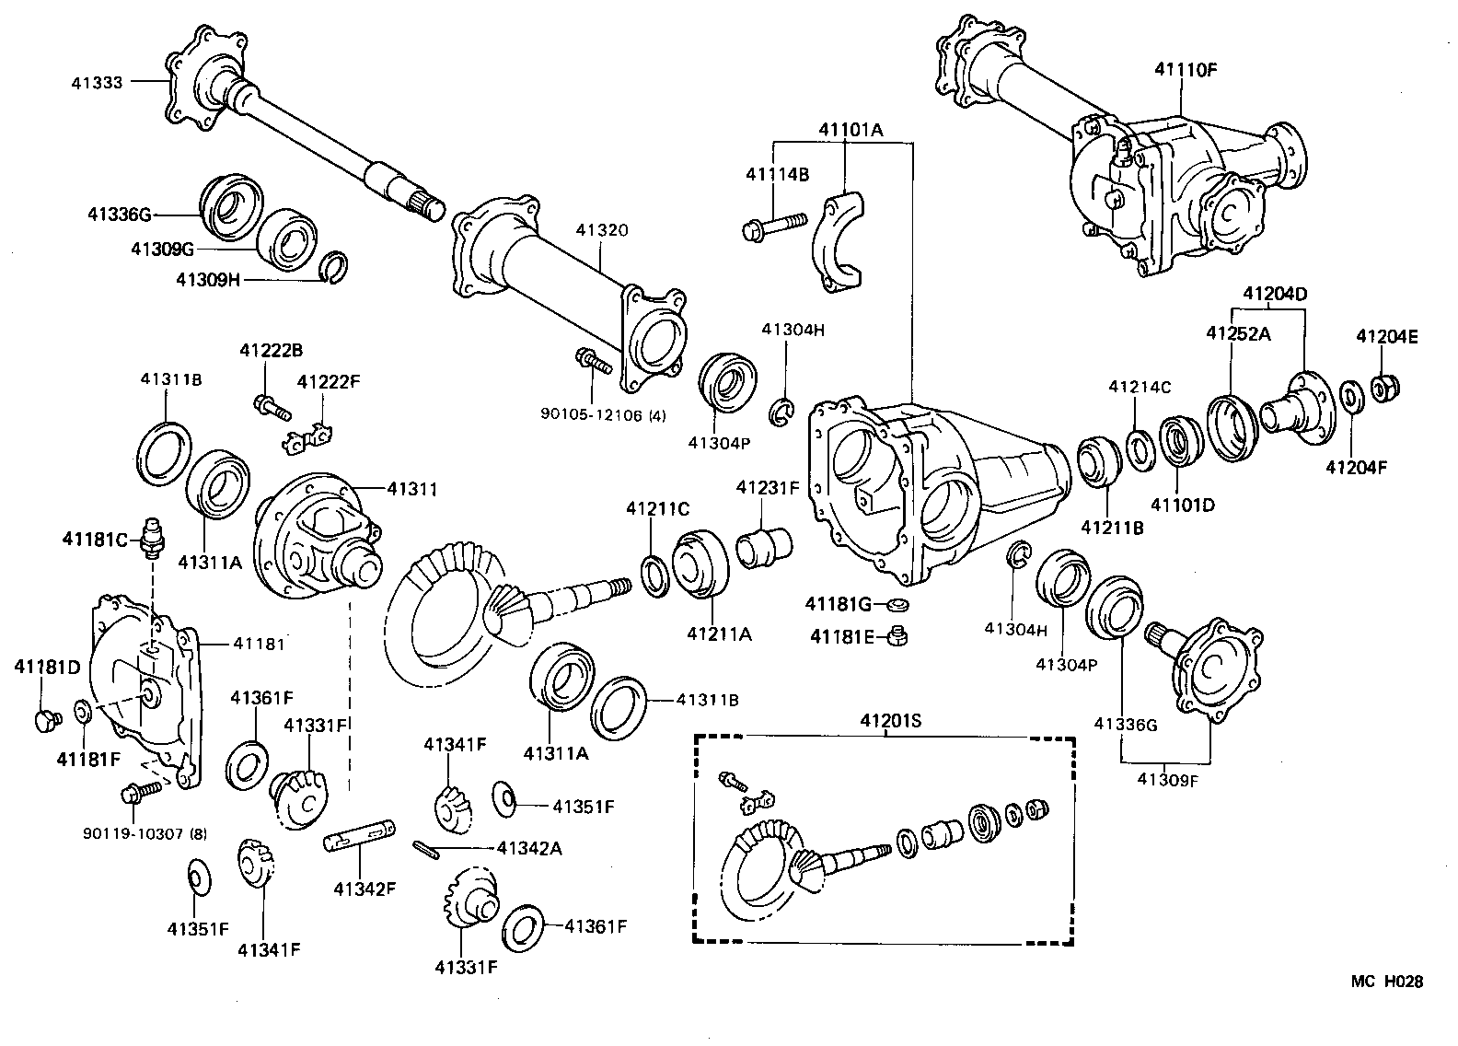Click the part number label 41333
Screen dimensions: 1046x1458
point(96,82)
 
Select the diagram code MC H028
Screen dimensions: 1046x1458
point(1386,982)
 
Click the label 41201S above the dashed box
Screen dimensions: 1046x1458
point(891,721)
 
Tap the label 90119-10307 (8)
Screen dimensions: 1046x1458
point(145,834)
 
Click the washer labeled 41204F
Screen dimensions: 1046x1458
point(1351,396)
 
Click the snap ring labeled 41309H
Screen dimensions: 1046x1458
point(335,266)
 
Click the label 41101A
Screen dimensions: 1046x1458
point(850,130)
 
